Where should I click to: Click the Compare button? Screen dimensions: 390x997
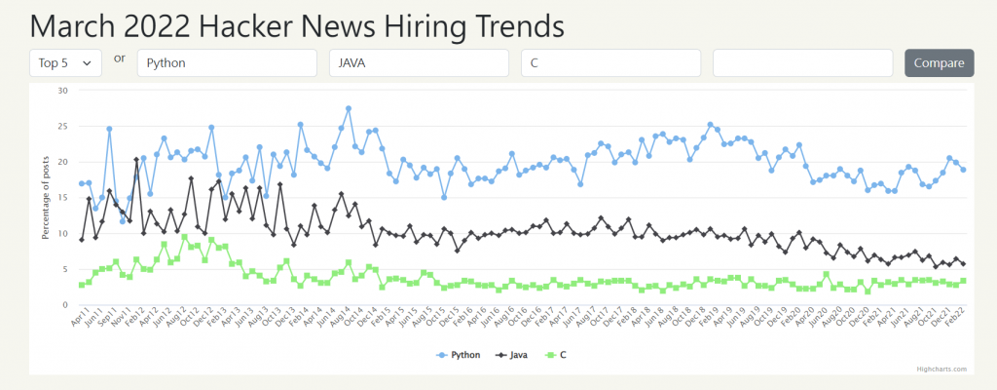click(939, 62)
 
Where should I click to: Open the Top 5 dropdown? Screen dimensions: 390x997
click(65, 62)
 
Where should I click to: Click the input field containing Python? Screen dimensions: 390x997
click(227, 62)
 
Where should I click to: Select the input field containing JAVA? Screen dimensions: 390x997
click(419, 62)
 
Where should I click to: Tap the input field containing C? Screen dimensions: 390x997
click(610, 62)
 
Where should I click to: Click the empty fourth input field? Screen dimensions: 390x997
click(802, 62)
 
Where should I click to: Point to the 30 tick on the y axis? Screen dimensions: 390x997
click(62, 91)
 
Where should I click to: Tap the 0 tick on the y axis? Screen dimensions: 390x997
click(65, 305)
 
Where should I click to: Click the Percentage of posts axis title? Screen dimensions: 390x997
click(45, 198)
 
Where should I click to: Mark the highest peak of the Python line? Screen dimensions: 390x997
click(349, 108)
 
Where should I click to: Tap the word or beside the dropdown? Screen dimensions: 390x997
click(120, 58)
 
